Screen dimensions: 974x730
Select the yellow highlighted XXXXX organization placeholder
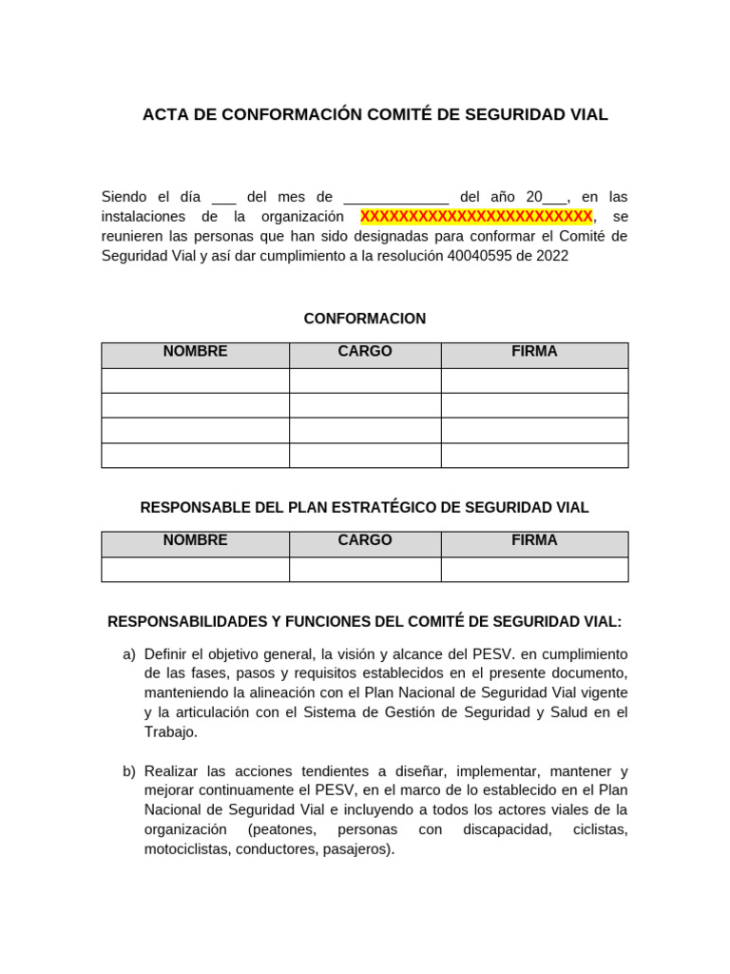[x=475, y=217]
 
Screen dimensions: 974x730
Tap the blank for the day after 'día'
[x=223, y=198]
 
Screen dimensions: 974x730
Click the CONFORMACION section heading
[x=365, y=319]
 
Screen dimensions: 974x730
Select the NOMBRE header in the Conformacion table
[x=195, y=352]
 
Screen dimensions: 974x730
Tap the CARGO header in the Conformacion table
[x=365, y=352]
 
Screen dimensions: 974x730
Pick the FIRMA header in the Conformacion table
[x=534, y=352]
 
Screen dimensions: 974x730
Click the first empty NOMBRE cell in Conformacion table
[x=195, y=380]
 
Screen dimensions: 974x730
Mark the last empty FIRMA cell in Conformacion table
[x=534, y=456]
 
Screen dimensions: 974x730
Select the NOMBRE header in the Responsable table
[x=195, y=540]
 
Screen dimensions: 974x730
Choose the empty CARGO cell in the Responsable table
[x=365, y=569]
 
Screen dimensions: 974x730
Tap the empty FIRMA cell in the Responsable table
[x=534, y=569]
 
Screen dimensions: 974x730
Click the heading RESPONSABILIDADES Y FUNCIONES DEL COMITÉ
[x=365, y=622]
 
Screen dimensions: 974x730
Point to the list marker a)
[x=129, y=654]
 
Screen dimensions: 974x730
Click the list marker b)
[x=129, y=771]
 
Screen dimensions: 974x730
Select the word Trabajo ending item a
[x=171, y=732]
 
